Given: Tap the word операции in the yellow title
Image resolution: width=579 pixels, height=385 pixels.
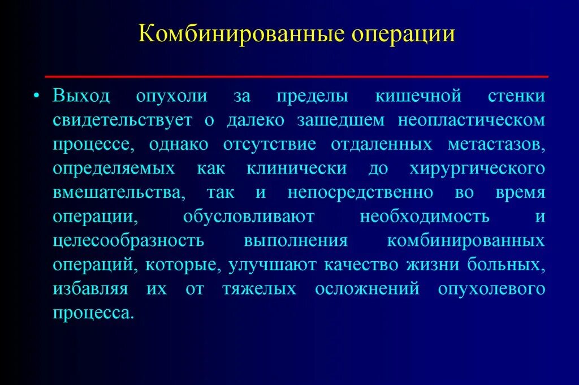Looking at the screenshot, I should tap(404, 33).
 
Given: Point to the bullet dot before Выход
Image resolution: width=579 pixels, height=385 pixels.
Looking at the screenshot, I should tap(37, 96).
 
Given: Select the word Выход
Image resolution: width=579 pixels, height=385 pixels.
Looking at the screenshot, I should tap(82, 97).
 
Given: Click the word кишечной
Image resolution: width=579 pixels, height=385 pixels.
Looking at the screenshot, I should tap(418, 97).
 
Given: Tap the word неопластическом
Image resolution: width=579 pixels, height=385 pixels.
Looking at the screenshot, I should tap(472, 121).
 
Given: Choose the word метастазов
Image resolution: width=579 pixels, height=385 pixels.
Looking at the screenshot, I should tap(496, 145).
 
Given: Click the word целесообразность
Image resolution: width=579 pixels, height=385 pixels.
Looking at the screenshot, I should tap(128, 241).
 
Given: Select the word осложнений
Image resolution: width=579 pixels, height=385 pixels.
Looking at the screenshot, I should tap(368, 289).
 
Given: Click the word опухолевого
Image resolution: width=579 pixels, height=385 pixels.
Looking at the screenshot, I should tap(491, 289).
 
